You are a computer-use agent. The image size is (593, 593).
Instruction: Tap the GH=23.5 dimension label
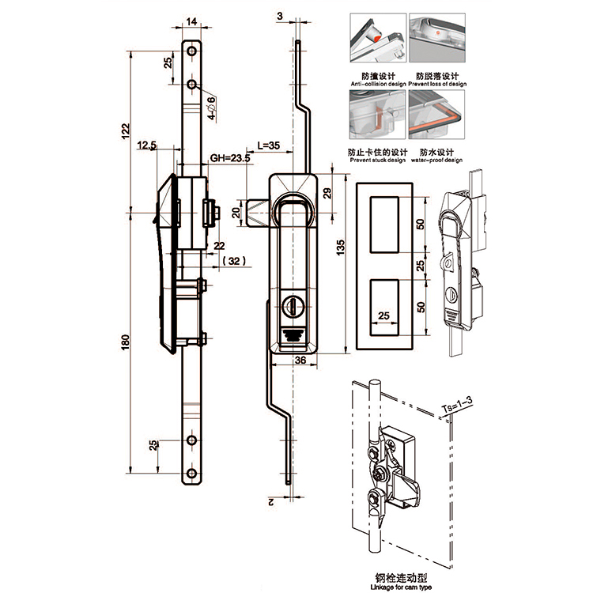pyautogui.click(x=230, y=158)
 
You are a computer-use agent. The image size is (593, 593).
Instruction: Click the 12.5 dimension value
pyautogui.click(x=146, y=145)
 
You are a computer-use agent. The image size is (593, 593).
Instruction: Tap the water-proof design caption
pyautogui.click(x=440, y=160)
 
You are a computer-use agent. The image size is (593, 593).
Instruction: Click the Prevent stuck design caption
pyautogui.click(x=376, y=160)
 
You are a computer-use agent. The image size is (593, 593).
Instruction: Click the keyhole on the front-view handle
pyautogui.click(x=293, y=303)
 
